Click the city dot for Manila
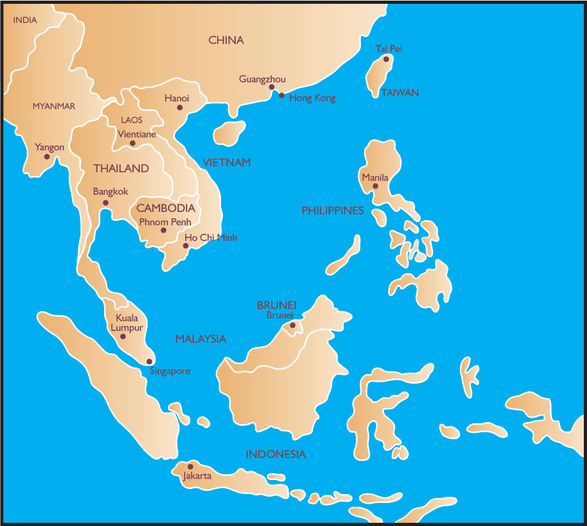[376, 186]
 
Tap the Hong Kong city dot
[282, 95]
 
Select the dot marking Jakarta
[190, 467]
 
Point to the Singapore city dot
[149, 361]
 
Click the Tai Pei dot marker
[386, 59]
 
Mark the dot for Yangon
[47, 156]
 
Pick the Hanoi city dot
[179, 108]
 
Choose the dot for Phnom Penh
[164, 230]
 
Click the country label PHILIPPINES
[332, 210]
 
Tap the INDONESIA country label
[276, 455]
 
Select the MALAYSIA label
[201, 339]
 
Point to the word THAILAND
[121, 169]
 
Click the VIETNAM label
[227, 162]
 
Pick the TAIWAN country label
[400, 93]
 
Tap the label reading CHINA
[226, 40]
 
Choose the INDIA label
[25, 20]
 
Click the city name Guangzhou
[263, 79]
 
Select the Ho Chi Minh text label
[210, 237]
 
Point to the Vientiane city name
[137, 134]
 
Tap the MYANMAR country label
[54, 106]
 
